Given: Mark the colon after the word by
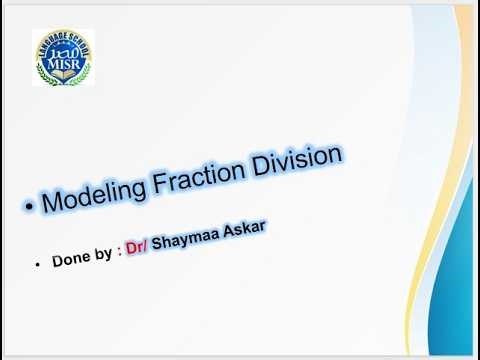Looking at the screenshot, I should pos(117,249).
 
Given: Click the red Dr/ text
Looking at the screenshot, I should pos(135,245).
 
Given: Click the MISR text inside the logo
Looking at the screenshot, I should pos(63,62).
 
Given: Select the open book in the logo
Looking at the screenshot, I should pos(63,74).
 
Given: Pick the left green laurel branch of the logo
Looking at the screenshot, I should pos(41,66).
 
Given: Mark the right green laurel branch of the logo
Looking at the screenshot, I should pos(85,66).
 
